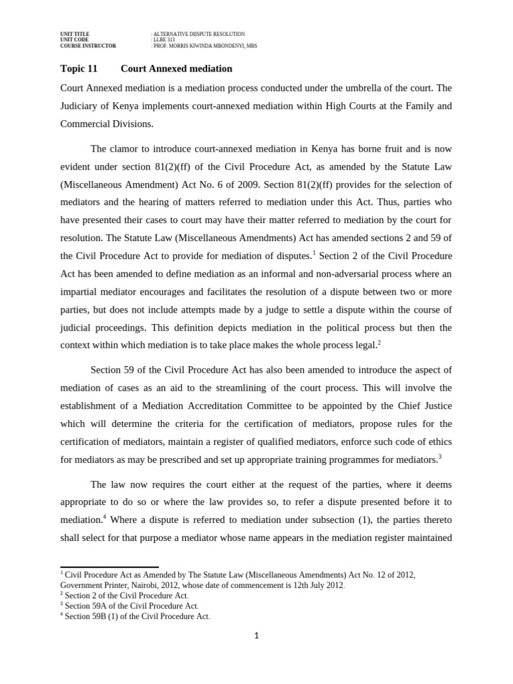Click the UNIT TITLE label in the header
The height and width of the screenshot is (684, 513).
click(74, 33)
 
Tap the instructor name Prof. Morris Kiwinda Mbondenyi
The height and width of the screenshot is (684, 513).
click(205, 45)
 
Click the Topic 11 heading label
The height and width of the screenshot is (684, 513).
click(79, 68)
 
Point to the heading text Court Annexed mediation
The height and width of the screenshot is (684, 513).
click(176, 68)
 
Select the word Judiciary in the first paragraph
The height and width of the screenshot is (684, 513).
click(83, 106)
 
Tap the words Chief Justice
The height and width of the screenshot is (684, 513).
click(422, 406)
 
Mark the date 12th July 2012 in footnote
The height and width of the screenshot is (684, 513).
click(315, 585)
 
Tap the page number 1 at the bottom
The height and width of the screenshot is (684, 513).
click(256, 637)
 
